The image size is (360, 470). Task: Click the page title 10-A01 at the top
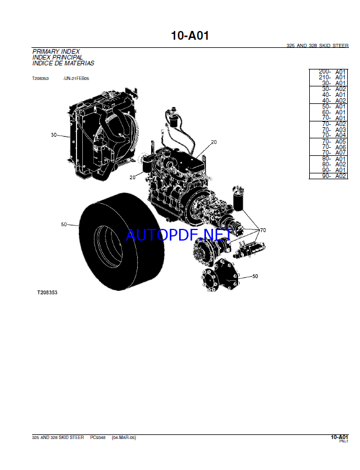coord(190,36)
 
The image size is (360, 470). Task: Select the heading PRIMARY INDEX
coord(56,51)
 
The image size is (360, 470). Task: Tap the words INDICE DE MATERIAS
coord(63,63)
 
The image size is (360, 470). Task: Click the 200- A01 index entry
coord(332,72)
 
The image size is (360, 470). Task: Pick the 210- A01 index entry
coord(332,77)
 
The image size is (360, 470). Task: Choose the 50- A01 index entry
coord(334,107)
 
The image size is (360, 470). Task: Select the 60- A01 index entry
coord(334,113)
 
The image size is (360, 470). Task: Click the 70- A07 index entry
coord(334,152)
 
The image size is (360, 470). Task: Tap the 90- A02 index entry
coord(334,176)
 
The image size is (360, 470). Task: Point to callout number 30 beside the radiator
coord(54,135)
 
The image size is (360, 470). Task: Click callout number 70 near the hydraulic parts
coord(263,230)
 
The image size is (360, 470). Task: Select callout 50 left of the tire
coord(64,224)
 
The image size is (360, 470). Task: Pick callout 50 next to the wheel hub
coord(255,276)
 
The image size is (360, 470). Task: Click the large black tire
coord(121,242)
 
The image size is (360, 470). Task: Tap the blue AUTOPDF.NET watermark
coord(179,235)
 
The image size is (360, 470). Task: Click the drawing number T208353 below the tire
coord(47,293)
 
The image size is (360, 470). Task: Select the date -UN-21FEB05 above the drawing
coord(76,79)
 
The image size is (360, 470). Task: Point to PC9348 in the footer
coord(98,438)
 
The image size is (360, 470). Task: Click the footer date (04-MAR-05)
coord(124,438)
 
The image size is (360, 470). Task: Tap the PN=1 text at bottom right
coord(344,441)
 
